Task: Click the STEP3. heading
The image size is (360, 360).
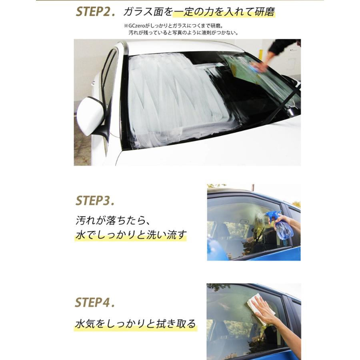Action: point(95,200)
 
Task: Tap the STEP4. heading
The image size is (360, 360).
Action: point(95,303)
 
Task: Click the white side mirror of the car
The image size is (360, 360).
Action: point(90,116)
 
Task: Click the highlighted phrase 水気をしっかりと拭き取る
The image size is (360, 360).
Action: point(136,323)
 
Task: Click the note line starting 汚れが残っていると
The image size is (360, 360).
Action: point(183,33)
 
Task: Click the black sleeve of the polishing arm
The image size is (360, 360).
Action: point(284,46)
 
